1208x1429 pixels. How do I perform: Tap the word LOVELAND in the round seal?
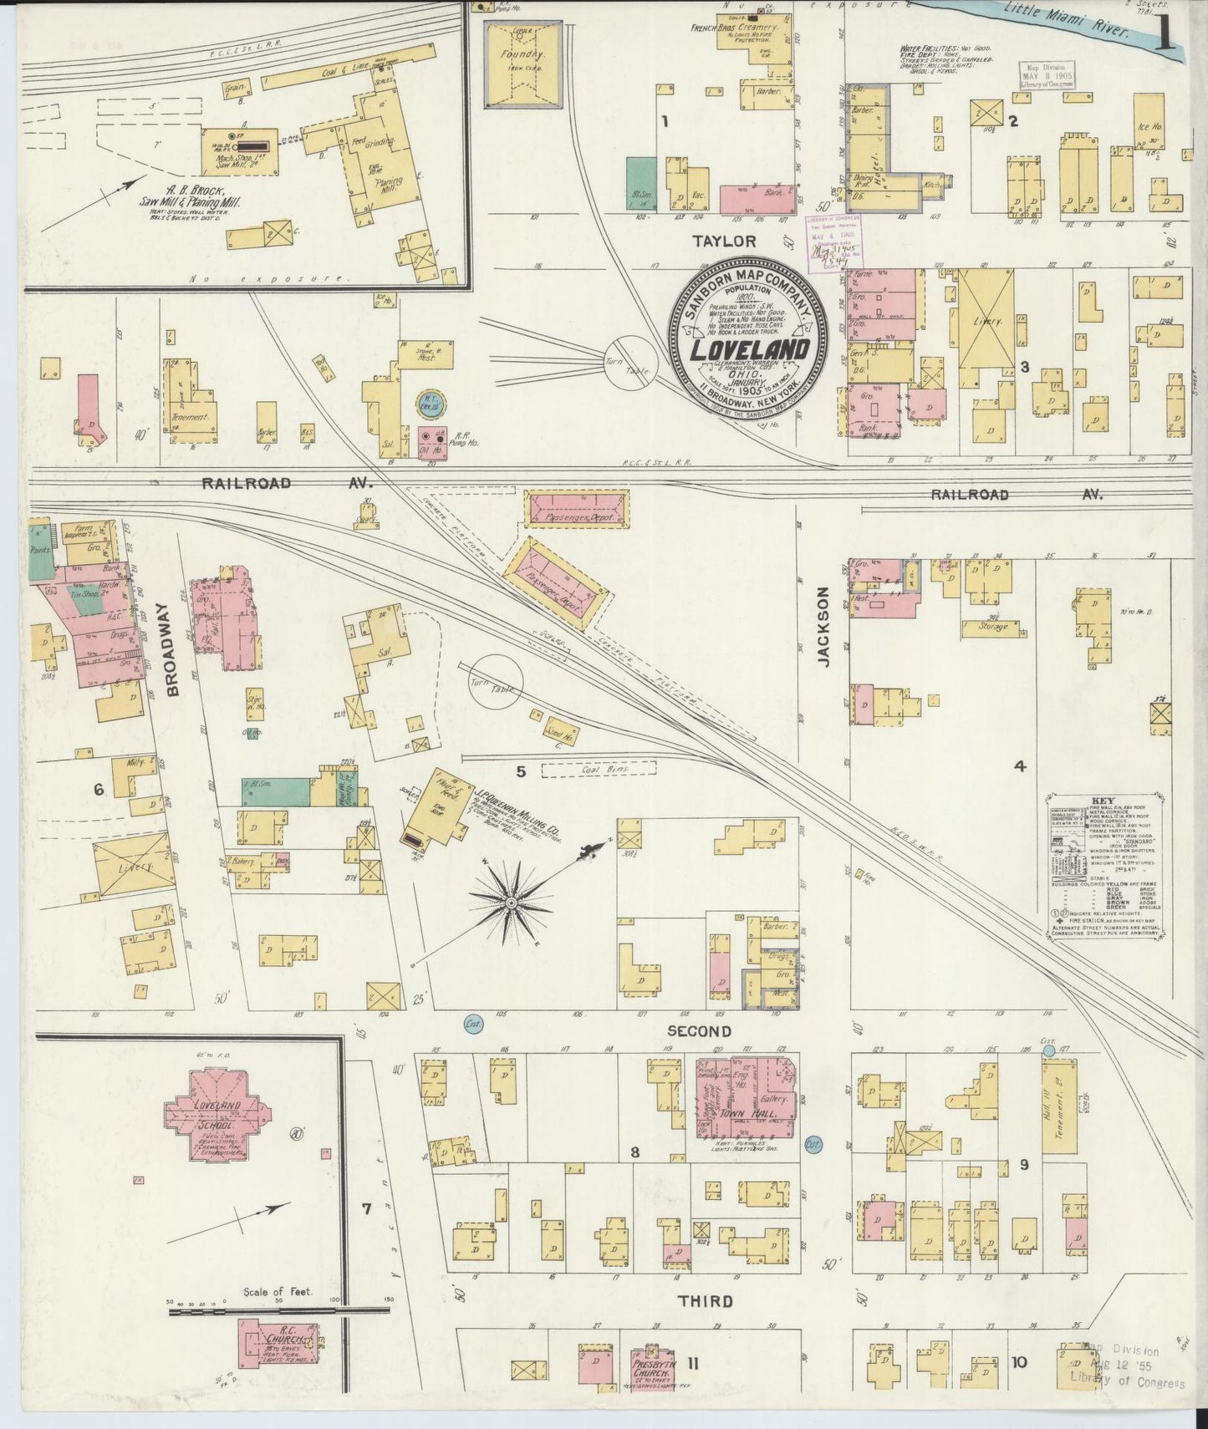[x=748, y=348]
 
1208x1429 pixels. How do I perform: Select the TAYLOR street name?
[x=724, y=241]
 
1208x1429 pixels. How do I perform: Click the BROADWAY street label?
[x=173, y=638]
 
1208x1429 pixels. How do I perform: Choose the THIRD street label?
[x=705, y=1301]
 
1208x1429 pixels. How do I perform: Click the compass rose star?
[x=509, y=904]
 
